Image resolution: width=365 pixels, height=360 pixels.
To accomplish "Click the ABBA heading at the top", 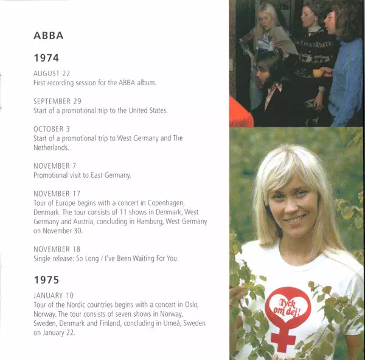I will (49, 35).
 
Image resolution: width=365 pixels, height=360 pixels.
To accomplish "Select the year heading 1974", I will (46, 58).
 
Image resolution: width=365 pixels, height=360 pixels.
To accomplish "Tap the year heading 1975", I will (46, 280).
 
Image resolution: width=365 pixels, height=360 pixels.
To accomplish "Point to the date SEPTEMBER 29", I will (57, 101).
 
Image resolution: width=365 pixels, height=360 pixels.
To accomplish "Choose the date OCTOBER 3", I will (51, 129).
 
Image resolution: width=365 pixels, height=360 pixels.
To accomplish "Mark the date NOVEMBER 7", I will (55, 166).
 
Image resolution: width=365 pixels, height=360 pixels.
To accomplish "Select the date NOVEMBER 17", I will (57, 194).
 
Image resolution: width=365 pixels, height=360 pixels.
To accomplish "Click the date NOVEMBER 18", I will (57, 249).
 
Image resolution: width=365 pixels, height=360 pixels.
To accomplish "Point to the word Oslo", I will (198, 305).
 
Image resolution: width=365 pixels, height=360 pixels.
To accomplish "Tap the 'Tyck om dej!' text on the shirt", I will (287, 303).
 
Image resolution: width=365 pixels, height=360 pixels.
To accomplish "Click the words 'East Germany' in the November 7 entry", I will (112, 175).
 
